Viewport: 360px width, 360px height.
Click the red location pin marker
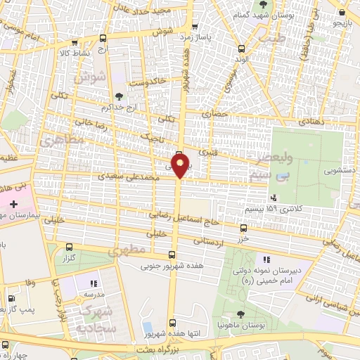(x=181, y=166)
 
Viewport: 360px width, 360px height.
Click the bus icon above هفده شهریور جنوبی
(x=175, y=254)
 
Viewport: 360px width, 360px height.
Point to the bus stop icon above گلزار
(x=69, y=247)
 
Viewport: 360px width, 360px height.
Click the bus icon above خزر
(x=243, y=228)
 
